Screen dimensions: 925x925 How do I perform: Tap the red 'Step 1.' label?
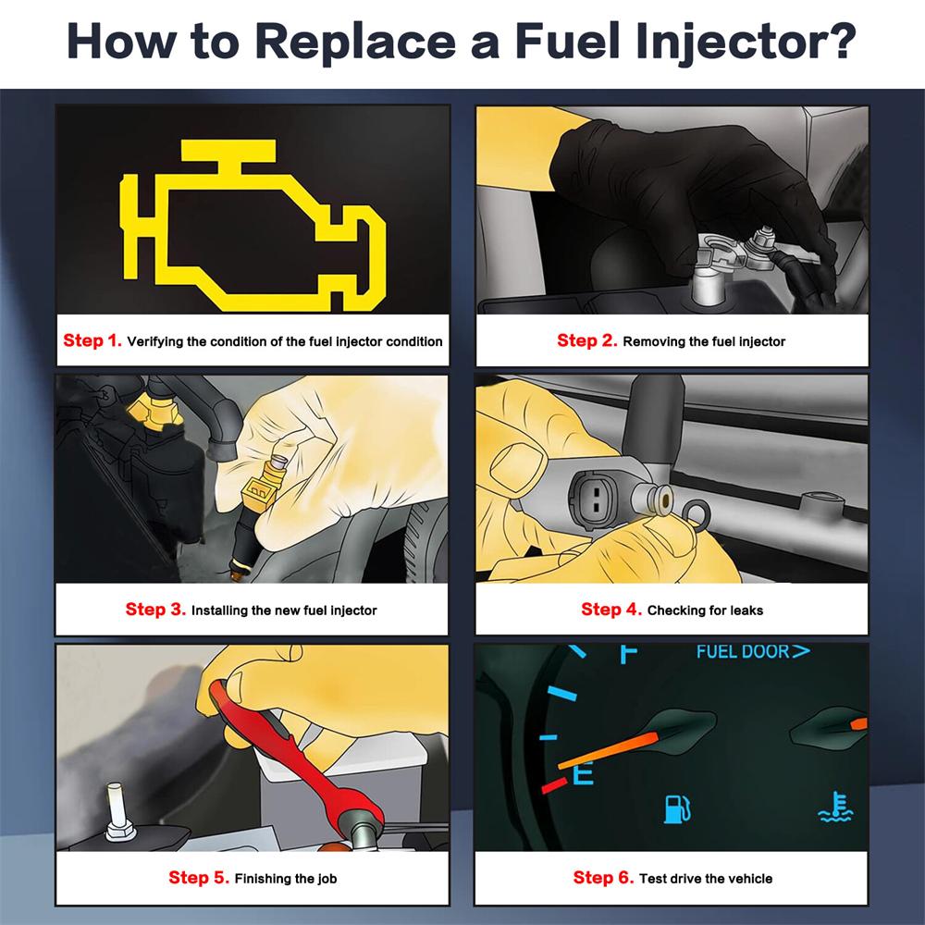point(92,340)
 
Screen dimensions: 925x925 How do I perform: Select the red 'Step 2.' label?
point(587,340)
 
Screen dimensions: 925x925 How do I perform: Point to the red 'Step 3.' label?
point(155,610)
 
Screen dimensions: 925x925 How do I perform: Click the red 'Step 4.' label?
point(611,610)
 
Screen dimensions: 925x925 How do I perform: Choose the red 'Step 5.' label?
point(199,878)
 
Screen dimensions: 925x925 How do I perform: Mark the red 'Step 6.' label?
point(603,878)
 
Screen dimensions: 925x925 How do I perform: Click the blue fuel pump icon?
point(677,808)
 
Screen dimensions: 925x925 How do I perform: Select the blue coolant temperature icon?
point(836,807)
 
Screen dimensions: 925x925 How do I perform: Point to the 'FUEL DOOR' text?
point(743,652)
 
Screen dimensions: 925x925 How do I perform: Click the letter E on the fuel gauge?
point(584,772)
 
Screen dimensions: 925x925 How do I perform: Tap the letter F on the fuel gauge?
point(628,654)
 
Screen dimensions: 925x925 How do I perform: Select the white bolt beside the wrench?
point(118,812)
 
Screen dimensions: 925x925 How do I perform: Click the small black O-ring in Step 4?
point(697,513)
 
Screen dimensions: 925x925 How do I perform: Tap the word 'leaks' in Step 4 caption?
point(746,610)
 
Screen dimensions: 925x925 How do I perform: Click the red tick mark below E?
point(554,785)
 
